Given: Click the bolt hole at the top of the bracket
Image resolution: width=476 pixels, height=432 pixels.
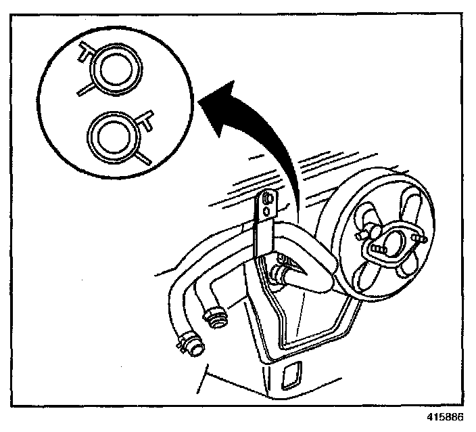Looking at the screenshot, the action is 271,200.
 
